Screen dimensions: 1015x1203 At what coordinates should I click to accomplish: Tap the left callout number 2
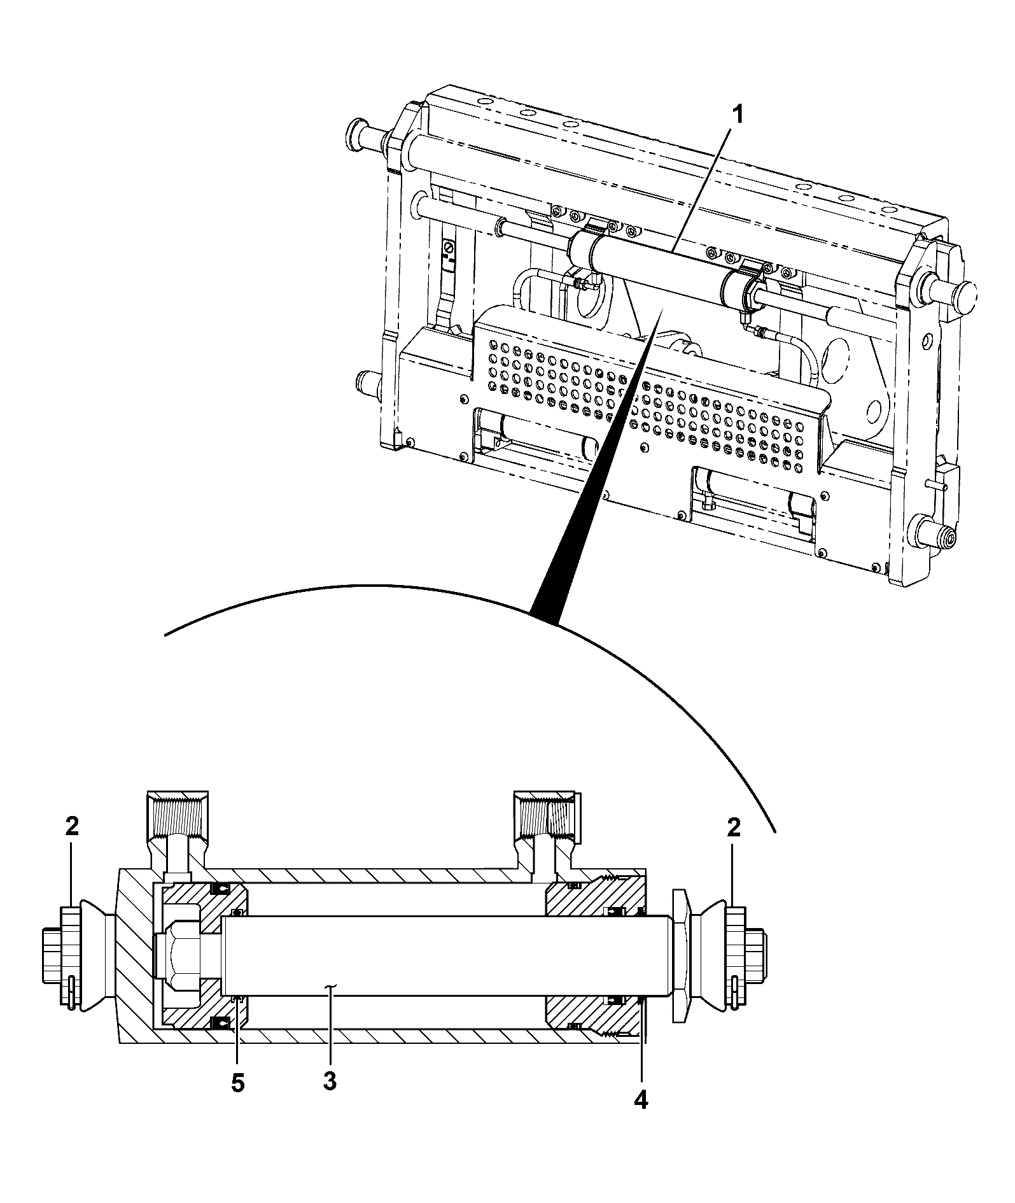(x=72, y=827)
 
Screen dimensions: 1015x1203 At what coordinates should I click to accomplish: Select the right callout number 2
(x=734, y=827)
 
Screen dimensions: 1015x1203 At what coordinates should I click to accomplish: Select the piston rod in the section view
(x=445, y=955)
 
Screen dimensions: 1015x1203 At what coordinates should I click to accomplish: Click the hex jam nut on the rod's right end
(x=680, y=955)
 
